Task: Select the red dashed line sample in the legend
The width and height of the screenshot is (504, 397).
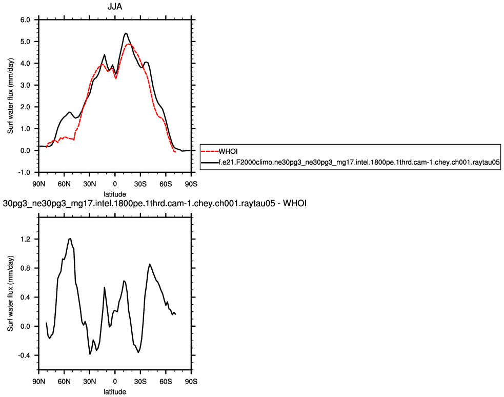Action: pyautogui.click(x=210, y=151)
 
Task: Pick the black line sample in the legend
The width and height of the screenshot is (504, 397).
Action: pyautogui.click(x=210, y=162)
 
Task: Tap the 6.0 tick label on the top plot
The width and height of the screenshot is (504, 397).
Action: pyautogui.click(x=26, y=19)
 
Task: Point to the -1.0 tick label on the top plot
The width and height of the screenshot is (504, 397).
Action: pyautogui.click(x=25, y=172)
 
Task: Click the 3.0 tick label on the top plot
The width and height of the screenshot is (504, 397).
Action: pyautogui.click(x=26, y=85)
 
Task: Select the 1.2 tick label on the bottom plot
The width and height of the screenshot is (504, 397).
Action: pyautogui.click(x=26, y=239)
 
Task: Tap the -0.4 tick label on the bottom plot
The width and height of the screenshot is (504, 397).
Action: pyautogui.click(x=25, y=355)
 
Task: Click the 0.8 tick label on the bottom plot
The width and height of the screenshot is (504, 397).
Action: pyautogui.click(x=26, y=268)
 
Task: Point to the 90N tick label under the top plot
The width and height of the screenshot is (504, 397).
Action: pyautogui.click(x=38, y=184)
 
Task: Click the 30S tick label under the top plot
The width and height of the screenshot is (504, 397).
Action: pyautogui.click(x=140, y=184)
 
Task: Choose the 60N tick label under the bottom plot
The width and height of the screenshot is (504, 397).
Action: pyautogui.click(x=64, y=382)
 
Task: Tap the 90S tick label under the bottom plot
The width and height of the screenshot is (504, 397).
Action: pyautogui.click(x=191, y=382)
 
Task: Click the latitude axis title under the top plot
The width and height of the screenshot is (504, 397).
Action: pyautogui.click(x=115, y=193)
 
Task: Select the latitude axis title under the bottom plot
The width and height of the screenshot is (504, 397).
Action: pyautogui.click(x=115, y=391)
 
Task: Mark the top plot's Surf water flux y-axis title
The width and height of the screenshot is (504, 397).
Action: pyautogui.click(x=10, y=96)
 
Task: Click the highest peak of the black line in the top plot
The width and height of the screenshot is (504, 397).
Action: pyautogui.click(x=126, y=33)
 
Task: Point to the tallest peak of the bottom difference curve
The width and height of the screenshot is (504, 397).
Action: pyautogui.click(x=70, y=239)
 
